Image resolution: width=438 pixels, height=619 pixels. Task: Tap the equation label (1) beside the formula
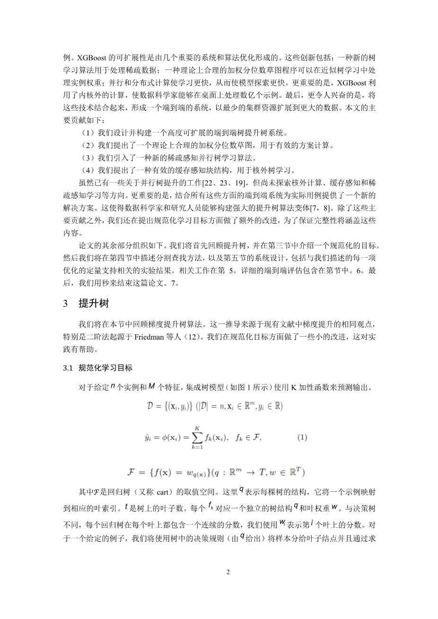pyautogui.click(x=302, y=437)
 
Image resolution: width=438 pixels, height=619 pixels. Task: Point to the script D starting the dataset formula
pyautogui.click(x=151, y=407)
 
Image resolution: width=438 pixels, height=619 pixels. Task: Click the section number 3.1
pyautogui.click(x=70, y=368)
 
